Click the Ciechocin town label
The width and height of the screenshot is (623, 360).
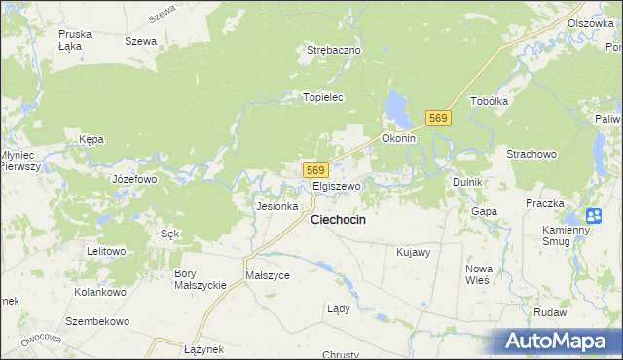pos(338,220)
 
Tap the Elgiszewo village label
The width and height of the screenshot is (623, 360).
pos(337,186)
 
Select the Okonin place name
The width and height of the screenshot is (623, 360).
pos(399,138)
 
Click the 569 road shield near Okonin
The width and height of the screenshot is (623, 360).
pos(438,118)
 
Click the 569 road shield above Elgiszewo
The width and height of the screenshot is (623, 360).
pos(314,170)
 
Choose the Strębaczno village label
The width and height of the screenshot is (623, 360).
pos(334,50)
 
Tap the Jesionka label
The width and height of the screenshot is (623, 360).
pos(275,206)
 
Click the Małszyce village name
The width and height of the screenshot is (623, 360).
pos(268,275)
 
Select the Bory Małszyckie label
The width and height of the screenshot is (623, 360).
pos(200,279)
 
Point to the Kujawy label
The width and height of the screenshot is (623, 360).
pos(414,252)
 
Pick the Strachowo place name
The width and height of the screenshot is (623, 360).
pos(531,154)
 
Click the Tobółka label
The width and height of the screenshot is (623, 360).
pos(490,101)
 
